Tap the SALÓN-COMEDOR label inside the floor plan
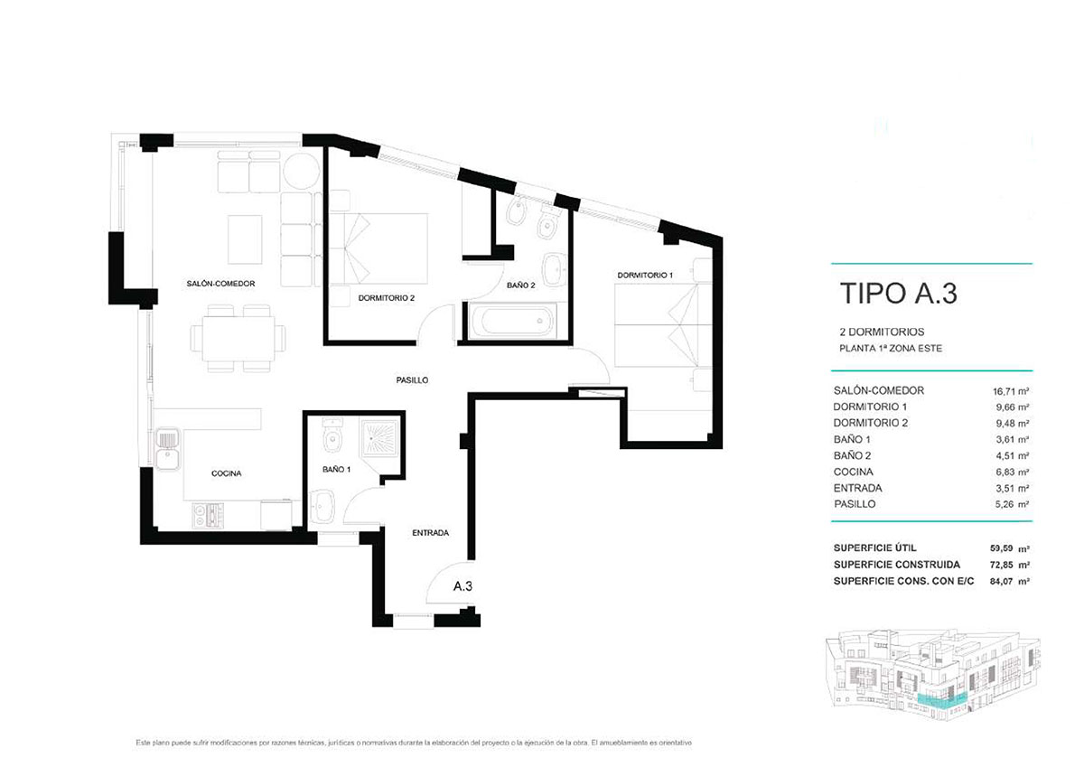pyautogui.click(x=222, y=284)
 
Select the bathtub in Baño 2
pyautogui.click(x=511, y=320)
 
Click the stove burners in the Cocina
pyautogui.click(x=208, y=516)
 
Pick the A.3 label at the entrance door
pyautogui.click(x=463, y=586)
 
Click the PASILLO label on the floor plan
pyautogui.click(x=411, y=380)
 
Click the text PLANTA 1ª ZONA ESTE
pyautogui.click(x=891, y=349)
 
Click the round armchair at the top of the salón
pyautogui.click(x=300, y=171)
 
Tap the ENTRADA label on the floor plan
pyautogui.click(x=430, y=533)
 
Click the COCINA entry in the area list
pyautogui.click(x=853, y=472)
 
